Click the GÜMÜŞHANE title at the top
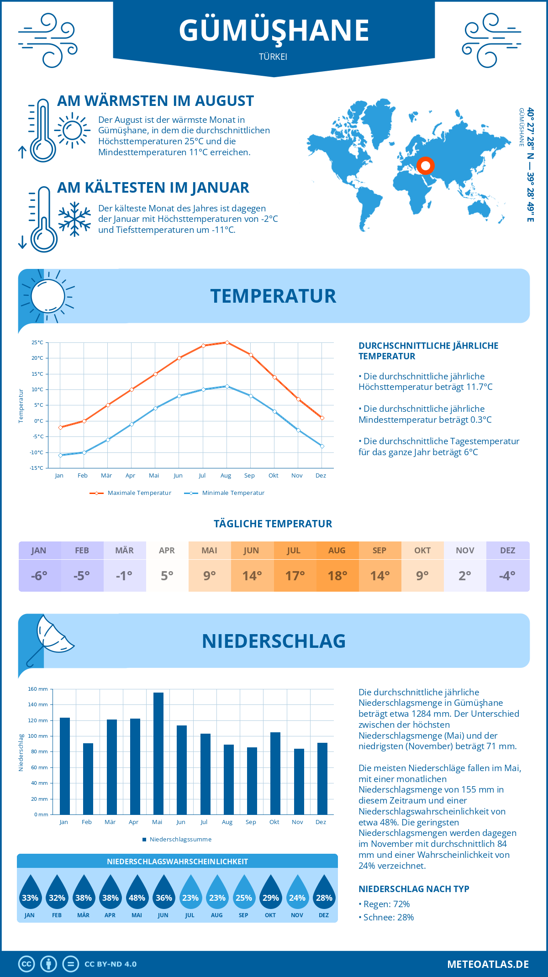(274, 31)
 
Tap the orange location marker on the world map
(425, 166)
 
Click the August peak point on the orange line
(227, 342)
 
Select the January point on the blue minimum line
(60, 455)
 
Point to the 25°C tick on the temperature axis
(37, 342)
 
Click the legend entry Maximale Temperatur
(131, 493)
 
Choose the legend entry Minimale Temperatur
(225, 493)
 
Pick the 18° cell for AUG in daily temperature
(337, 576)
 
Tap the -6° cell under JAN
(39, 576)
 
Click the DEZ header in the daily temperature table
(507, 551)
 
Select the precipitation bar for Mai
(158, 753)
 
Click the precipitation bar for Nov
(299, 782)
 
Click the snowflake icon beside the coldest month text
(74, 219)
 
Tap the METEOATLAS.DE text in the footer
(488, 964)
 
